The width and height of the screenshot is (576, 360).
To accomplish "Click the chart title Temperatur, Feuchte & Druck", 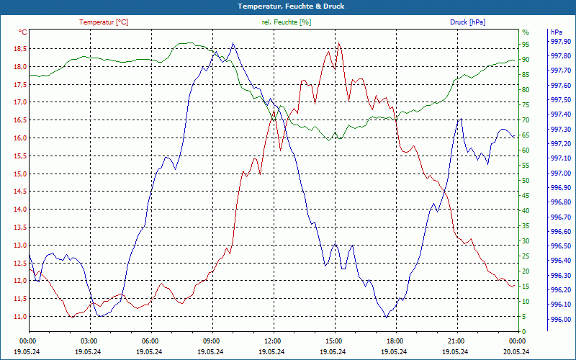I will (x=288, y=6).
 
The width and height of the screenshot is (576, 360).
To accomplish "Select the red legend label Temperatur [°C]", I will (x=104, y=22).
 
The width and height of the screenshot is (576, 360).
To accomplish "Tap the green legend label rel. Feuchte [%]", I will (x=287, y=22).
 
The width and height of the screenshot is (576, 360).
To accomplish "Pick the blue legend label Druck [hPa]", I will (x=467, y=22).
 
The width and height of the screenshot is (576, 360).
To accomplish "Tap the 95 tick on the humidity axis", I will (x=525, y=45).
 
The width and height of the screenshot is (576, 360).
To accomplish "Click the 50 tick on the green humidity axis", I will (x=525, y=181).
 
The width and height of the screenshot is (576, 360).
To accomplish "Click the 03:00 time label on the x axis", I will (x=89, y=341).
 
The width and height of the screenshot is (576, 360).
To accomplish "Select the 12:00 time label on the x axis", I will (x=273, y=341).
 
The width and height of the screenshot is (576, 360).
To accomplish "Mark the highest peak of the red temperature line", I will (x=338, y=43).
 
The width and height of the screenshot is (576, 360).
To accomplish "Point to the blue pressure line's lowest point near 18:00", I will (x=387, y=317).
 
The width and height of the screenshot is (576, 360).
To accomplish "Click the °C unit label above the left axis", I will (x=23, y=32).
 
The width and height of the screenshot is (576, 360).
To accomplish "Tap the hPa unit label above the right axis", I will (x=556, y=32).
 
